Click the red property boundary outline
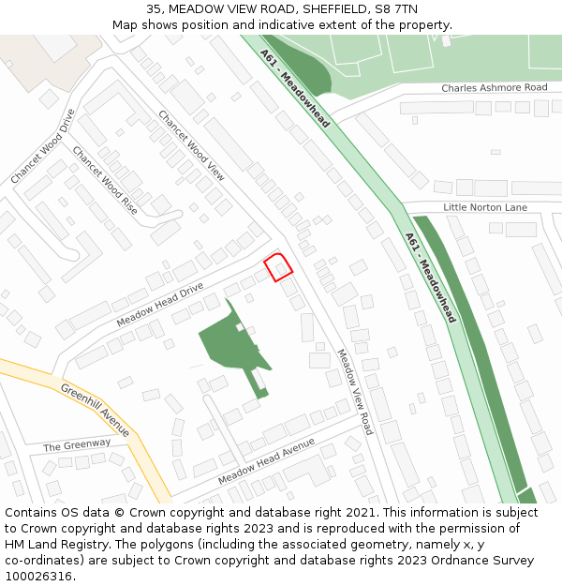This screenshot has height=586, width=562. (x=277, y=267)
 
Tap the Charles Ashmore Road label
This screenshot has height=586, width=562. (x=494, y=88)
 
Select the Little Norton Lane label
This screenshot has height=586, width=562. (x=485, y=207)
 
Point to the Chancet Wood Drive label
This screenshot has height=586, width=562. (x=42, y=146)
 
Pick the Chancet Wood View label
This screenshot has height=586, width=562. (x=191, y=145)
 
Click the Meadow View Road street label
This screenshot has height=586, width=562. (x=354, y=392)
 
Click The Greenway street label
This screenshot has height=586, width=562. (x=77, y=444)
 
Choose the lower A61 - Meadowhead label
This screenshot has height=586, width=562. (x=430, y=277)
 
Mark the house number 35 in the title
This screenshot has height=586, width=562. (x=154, y=8)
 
